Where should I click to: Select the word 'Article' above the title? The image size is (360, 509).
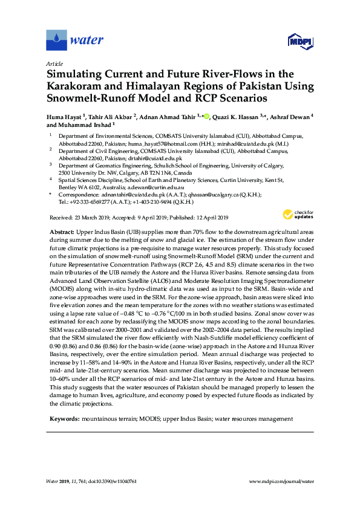54,63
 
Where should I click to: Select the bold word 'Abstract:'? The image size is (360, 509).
61,232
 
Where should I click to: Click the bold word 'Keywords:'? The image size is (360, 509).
64,418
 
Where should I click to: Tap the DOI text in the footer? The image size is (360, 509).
121,481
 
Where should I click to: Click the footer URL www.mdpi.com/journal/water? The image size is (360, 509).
282,481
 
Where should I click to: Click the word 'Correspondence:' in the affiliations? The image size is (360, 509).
78,196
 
